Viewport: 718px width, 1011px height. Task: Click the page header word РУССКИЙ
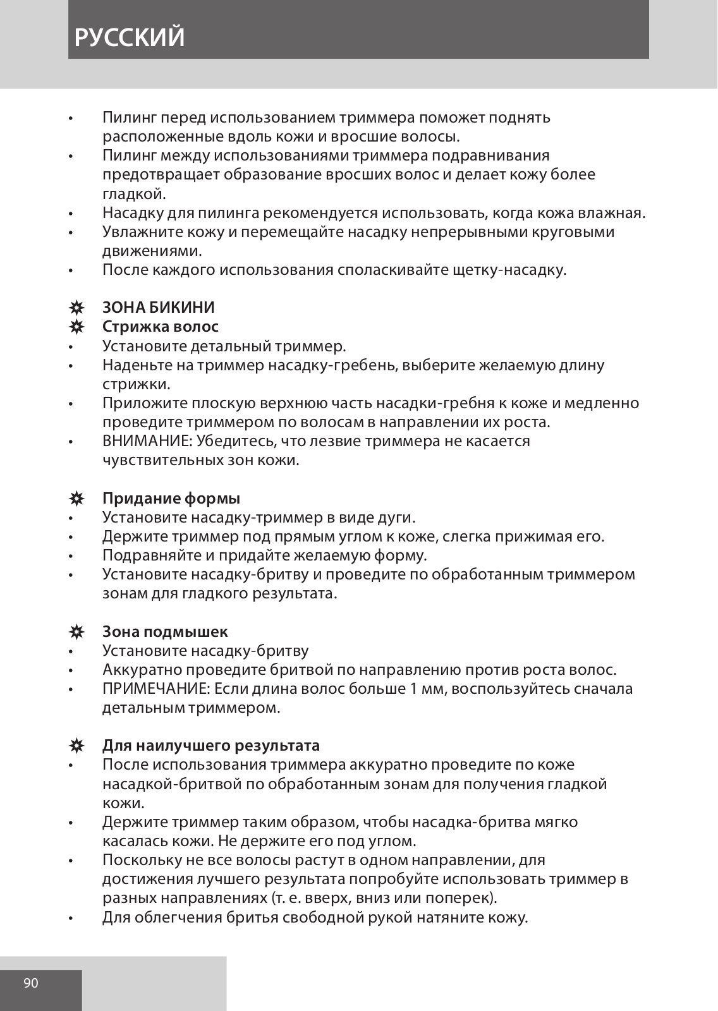(130, 37)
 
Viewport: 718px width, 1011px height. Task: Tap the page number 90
(31, 983)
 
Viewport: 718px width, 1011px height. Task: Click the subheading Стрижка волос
(161, 327)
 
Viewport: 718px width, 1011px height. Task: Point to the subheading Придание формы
(171, 499)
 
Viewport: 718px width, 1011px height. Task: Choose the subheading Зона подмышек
(165, 632)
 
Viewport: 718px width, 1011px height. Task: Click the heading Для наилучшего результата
(211, 746)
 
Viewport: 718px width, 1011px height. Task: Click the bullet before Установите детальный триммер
(73, 347)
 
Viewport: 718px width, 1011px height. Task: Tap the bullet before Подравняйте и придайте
(73, 556)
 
